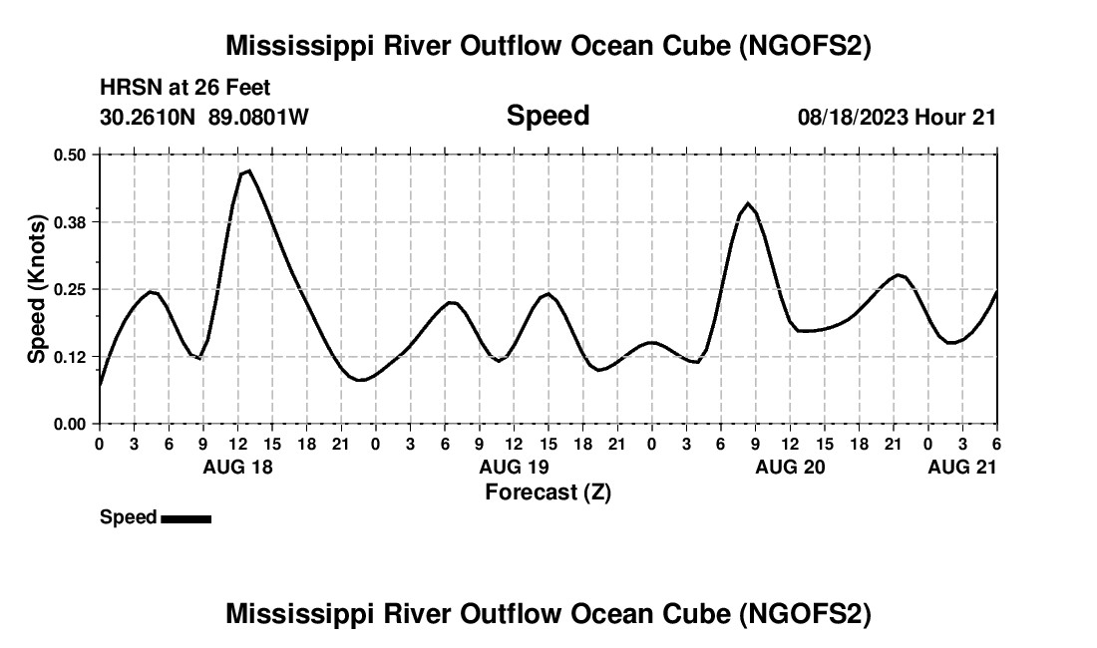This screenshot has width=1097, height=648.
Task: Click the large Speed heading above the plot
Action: (x=548, y=116)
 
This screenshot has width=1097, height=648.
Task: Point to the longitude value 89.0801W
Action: (x=258, y=117)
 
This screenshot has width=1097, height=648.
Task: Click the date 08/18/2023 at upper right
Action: (x=853, y=117)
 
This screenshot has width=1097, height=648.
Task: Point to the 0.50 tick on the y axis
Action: (x=70, y=155)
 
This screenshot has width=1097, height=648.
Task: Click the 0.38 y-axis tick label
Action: (x=70, y=221)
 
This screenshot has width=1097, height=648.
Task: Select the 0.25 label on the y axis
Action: (x=70, y=289)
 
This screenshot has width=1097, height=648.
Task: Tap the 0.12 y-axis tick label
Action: (x=70, y=356)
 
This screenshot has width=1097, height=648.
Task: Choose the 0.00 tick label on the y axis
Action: (x=70, y=424)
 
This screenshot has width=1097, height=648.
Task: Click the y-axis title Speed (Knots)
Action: (x=37, y=289)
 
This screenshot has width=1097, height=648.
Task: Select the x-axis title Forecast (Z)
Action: (x=548, y=491)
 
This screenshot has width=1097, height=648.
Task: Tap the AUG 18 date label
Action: (x=237, y=467)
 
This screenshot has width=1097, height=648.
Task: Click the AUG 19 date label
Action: (x=514, y=467)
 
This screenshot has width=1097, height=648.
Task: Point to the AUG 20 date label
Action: (x=790, y=467)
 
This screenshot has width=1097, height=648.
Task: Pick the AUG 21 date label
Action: (x=962, y=467)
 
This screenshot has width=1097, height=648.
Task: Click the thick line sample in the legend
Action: (x=185, y=518)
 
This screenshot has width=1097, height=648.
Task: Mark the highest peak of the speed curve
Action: (x=248, y=170)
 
